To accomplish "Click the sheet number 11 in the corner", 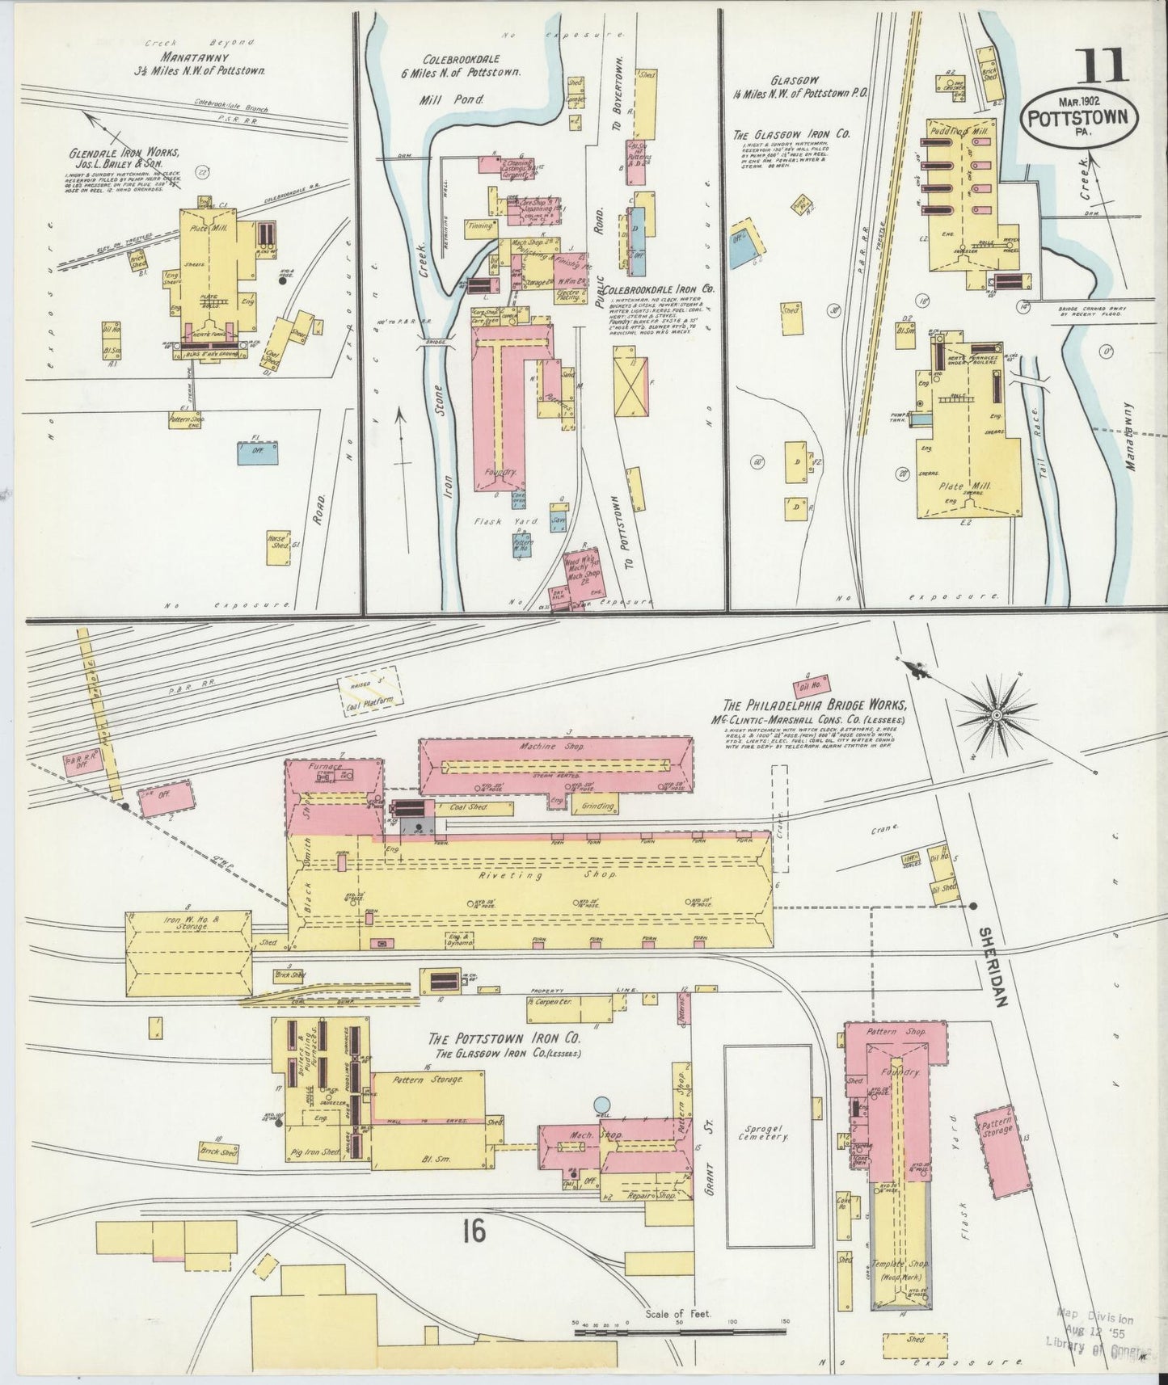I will pos(1101,65).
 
